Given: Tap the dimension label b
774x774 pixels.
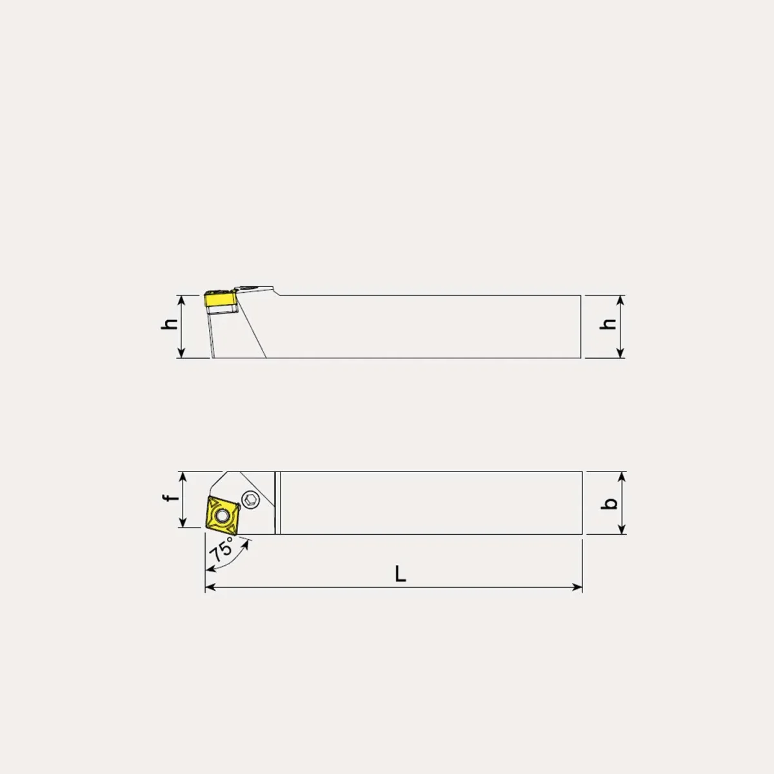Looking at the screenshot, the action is click(609, 503).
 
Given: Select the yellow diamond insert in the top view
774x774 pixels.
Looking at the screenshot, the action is click(222, 515).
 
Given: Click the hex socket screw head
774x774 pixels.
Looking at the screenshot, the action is click(251, 500).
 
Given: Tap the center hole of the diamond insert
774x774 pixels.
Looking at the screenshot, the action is click(221, 515).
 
